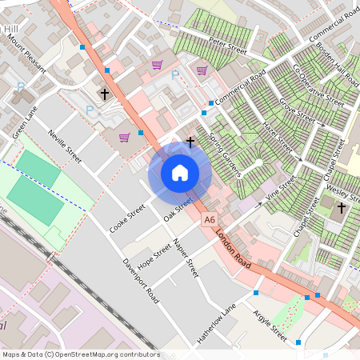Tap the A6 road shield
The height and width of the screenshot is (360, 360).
point(210,219)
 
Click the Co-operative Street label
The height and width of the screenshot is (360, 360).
point(318,86)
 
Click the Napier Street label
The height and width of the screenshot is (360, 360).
point(185,258)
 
